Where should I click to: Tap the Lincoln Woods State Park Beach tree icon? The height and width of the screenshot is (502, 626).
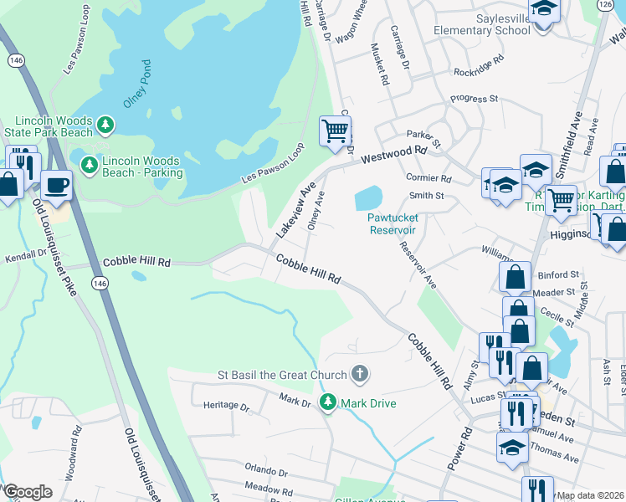[105, 125]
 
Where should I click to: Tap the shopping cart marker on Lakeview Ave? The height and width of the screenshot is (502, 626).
[335, 131]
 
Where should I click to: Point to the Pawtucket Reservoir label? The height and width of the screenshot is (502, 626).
[392, 223]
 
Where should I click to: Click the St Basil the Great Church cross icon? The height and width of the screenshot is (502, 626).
[359, 374]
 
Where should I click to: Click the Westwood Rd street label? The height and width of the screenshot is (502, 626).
[393, 156]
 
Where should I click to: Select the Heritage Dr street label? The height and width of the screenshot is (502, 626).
[227, 406]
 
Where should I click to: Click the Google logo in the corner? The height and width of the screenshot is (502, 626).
[27, 492]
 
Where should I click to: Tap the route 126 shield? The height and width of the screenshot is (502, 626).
[604, 5]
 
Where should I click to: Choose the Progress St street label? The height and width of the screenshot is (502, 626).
[474, 99]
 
